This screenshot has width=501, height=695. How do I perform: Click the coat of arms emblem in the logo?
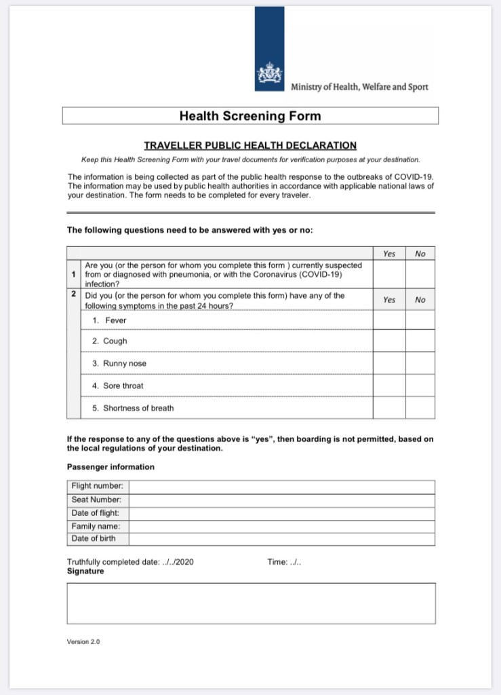click(x=269, y=74)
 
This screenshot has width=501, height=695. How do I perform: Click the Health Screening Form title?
click(x=250, y=115)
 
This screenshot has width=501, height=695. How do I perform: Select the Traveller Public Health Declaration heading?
click(x=250, y=145)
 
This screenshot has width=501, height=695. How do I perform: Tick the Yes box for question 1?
click(x=389, y=275)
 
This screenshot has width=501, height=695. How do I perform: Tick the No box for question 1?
click(x=420, y=275)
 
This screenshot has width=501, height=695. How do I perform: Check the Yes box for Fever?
click(x=389, y=320)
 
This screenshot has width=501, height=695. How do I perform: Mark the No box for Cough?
click(x=420, y=341)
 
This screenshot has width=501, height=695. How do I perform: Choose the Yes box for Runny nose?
click(x=389, y=364)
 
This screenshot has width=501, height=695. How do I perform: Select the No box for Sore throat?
click(x=420, y=386)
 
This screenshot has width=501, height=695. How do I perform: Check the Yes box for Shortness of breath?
click(x=389, y=408)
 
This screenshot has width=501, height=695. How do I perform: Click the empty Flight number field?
click(x=281, y=487)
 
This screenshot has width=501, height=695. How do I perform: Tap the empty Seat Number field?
click(x=281, y=500)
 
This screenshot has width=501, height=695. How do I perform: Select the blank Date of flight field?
click(x=281, y=513)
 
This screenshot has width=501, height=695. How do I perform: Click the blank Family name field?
click(x=281, y=526)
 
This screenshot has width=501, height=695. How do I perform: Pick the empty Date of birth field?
click(x=281, y=539)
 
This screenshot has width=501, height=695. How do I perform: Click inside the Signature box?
click(x=251, y=603)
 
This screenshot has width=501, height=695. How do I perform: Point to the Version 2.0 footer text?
click(x=83, y=641)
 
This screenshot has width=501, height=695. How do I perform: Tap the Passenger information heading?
click(x=111, y=467)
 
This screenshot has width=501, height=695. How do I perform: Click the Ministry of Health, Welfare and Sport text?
click(x=359, y=87)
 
